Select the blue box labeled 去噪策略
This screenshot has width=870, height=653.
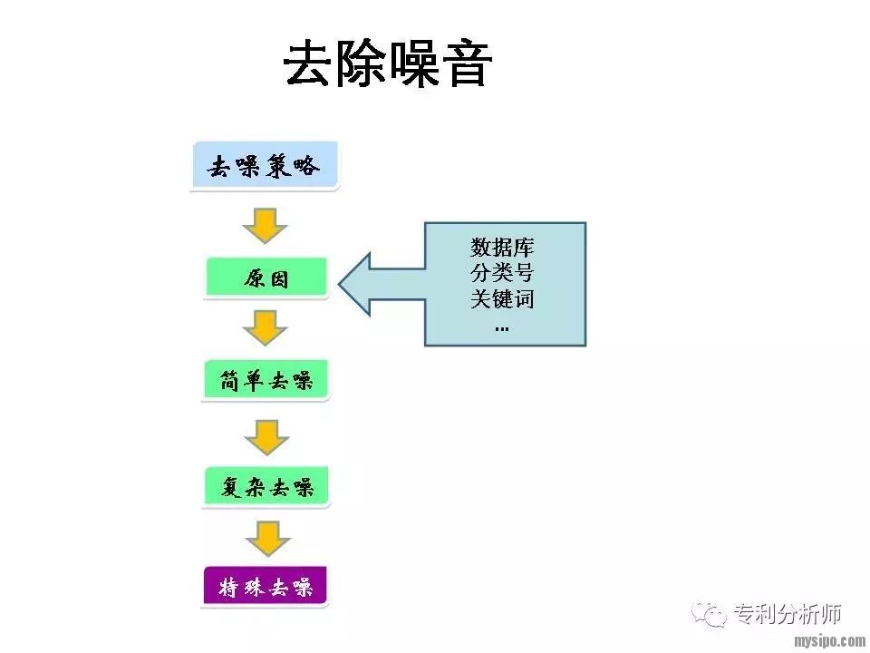click(x=264, y=166)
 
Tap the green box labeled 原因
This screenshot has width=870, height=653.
click(x=266, y=278)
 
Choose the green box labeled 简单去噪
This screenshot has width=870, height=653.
click(x=266, y=381)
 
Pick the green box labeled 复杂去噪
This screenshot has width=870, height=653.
click(x=266, y=487)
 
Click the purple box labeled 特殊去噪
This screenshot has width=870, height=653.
click(x=266, y=587)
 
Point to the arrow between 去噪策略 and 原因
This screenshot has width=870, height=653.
click(x=266, y=225)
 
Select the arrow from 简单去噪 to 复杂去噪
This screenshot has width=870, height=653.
click(x=266, y=436)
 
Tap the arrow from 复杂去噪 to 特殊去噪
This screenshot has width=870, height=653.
click(x=266, y=538)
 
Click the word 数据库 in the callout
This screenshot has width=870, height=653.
click(x=502, y=247)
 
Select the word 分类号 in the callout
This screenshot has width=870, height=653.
click(x=502, y=272)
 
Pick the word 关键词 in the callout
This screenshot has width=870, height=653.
click(x=502, y=298)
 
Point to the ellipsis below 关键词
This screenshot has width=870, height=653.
click(x=502, y=326)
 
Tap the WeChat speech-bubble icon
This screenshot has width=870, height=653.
click(x=709, y=613)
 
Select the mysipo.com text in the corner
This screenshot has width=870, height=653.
click(x=828, y=641)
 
